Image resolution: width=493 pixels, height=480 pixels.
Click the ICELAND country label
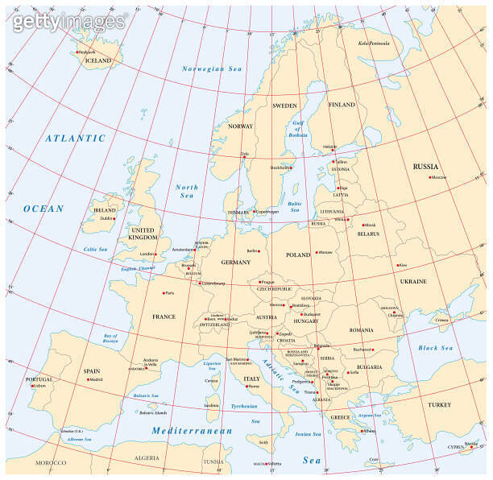tap(97, 60)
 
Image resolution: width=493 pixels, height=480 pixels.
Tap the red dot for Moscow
tap(432, 177)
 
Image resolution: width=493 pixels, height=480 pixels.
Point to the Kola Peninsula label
tap(375, 43)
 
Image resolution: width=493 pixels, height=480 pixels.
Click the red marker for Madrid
tap(86, 379)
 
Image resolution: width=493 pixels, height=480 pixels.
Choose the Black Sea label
tap(436, 348)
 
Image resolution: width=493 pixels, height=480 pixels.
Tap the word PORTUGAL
tap(39, 379)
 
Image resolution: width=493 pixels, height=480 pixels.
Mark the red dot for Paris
tap(164, 293)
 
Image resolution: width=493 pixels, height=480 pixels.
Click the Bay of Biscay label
tap(110, 337)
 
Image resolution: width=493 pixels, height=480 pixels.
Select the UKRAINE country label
tap(413, 281)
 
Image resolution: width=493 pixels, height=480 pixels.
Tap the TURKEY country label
tap(441, 404)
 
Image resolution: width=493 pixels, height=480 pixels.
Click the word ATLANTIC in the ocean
tap(75, 138)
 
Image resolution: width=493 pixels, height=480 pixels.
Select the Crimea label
tap(441, 320)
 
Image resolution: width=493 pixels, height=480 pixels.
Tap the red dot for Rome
tap(247, 387)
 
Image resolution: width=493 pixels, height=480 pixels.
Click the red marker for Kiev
tap(397, 265)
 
